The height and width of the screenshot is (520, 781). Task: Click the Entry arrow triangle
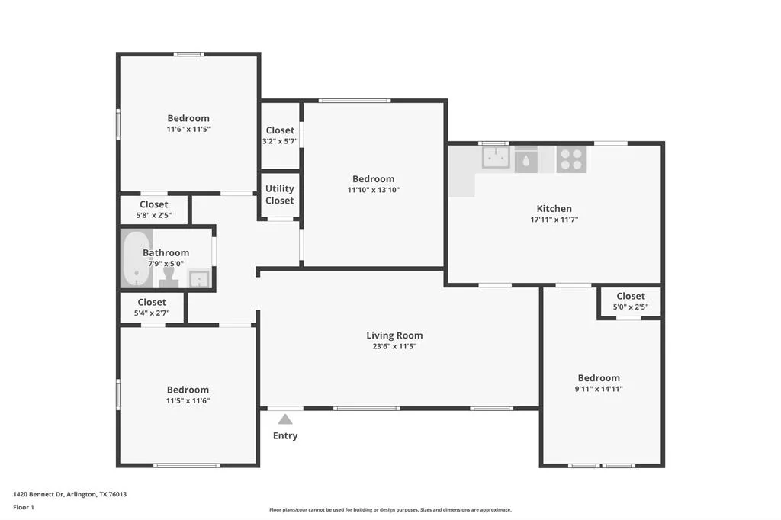pos(284,419)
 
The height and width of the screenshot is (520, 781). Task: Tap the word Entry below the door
pos(285,436)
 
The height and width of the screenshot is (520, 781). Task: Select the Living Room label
pos(394,335)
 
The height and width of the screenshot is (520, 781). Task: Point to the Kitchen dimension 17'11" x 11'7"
pos(554,220)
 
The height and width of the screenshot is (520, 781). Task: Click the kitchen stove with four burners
pos(570,159)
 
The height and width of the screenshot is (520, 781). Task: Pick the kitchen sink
pos(496,158)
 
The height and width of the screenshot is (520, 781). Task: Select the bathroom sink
pos(199,279)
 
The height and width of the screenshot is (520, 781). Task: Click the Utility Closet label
pos(279,194)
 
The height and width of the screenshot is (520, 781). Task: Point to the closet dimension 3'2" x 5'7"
pos(279,142)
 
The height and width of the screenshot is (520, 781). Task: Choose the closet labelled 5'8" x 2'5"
pos(154,210)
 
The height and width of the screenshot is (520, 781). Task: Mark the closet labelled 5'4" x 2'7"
pos(153,307)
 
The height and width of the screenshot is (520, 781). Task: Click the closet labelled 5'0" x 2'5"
pos(630,301)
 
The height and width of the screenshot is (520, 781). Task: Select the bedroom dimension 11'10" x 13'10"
pos(373,190)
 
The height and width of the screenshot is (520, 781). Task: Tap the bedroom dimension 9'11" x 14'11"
pos(599,389)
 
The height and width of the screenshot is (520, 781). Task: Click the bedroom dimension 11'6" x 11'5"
pos(188,130)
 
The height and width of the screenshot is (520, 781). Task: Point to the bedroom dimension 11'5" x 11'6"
pos(188,401)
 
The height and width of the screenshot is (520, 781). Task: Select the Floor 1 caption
pos(24,507)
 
